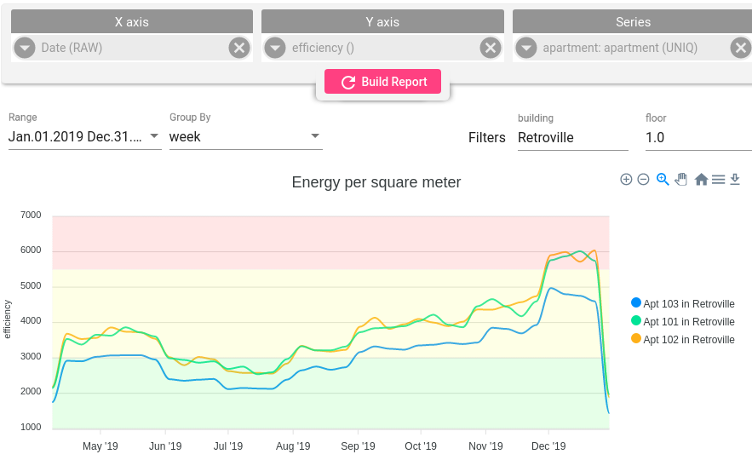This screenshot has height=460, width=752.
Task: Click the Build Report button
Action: coord(382,82)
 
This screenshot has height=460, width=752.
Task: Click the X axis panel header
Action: coord(131,22)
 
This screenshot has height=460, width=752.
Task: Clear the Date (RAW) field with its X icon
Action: coord(239,48)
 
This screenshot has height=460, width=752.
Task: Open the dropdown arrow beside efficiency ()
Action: coord(274,48)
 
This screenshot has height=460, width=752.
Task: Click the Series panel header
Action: coord(632,22)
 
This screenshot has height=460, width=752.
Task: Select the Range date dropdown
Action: coord(84,136)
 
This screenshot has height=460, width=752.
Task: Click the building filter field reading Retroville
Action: coord(572,137)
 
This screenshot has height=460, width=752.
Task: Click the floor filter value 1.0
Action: coord(697,137)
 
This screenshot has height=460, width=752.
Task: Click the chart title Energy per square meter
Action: coord(376,182)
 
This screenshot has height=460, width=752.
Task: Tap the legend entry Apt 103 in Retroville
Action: coord(688,304)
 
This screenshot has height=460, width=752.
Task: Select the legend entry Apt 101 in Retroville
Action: coord(688,322)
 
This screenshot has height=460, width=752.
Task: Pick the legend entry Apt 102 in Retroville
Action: coord(688,340)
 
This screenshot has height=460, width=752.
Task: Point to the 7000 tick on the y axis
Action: coord(31,216)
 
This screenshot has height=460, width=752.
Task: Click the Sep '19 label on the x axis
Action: coord(358,446)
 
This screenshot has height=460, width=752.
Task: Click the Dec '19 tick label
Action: coord(548,446)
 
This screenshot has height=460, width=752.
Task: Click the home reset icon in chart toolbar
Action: coord(701,180)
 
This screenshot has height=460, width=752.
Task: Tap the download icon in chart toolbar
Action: coord(736,180)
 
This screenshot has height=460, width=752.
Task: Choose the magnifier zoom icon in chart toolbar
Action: coord(663,180)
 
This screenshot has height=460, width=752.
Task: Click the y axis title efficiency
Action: coord(8,319)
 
